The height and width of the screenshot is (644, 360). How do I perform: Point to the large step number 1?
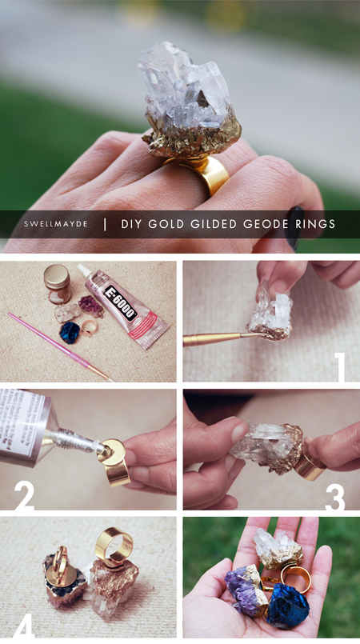(x=340, y=366)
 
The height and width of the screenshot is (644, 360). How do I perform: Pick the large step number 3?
(x=334, y=496)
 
